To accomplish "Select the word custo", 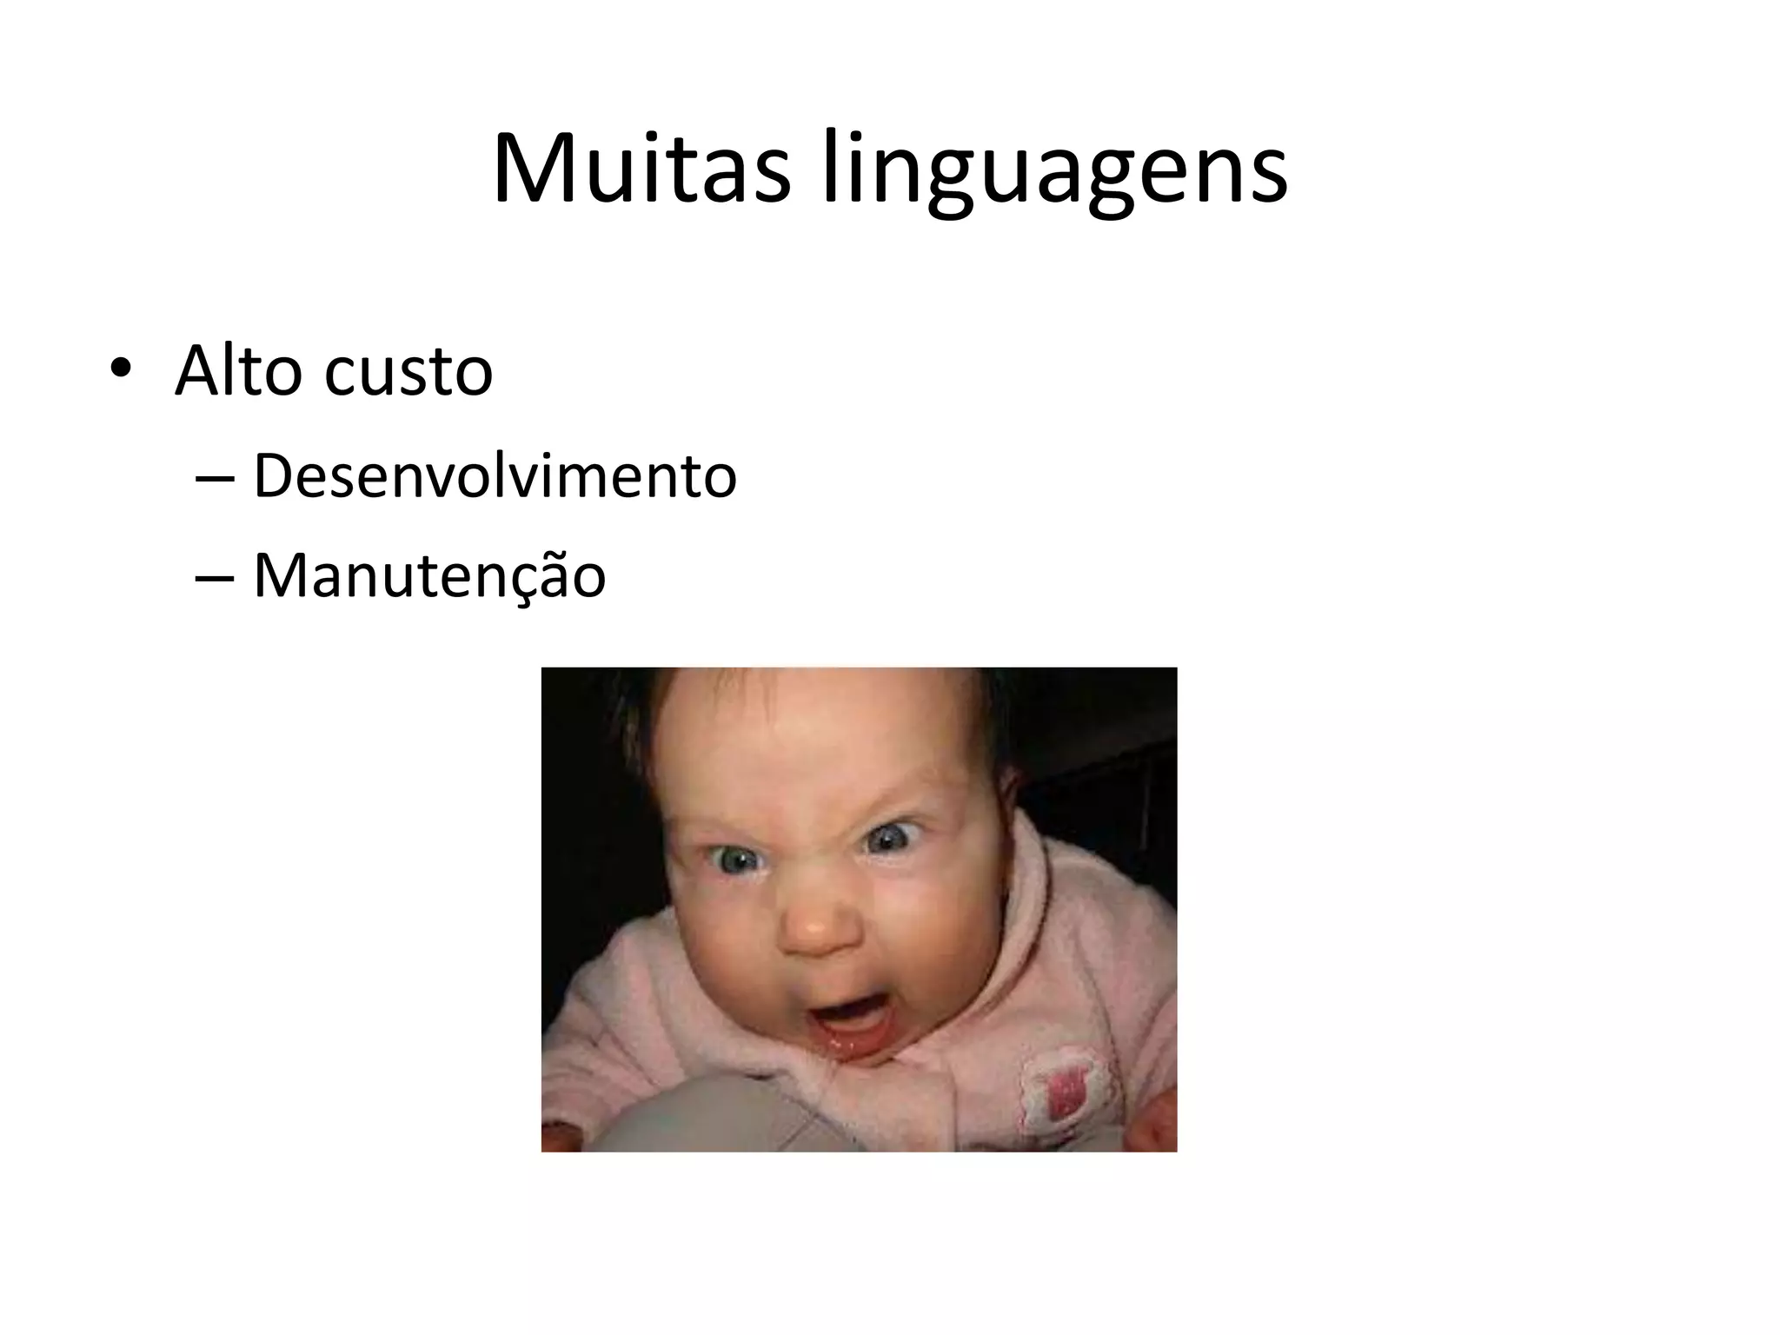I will [408, 374].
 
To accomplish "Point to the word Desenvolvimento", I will [495, 476].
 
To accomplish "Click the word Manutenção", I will [429, 575].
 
